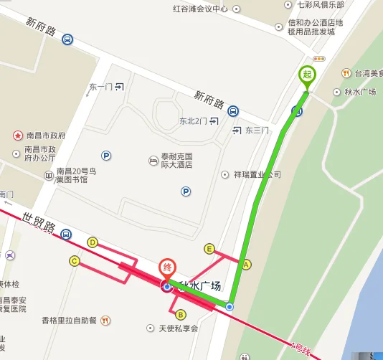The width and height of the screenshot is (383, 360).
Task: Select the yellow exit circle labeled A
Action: coord(247,265)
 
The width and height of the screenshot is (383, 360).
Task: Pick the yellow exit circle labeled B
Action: coord(181,314)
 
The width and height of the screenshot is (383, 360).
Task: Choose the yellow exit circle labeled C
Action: coord(74,261)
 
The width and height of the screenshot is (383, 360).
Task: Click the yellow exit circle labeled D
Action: coord(93,242)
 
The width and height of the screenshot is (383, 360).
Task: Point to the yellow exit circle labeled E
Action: coord(209,249)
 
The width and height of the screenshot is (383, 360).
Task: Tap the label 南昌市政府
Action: coord(45,135)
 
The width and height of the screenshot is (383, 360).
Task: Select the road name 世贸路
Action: coord(39,223)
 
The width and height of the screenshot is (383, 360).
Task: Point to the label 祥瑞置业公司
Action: coord(257,174)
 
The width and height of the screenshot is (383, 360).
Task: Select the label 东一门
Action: coord(100,87)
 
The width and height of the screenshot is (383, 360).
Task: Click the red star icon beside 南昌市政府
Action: coord(16,135)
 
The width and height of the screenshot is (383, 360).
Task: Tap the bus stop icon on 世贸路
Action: coord(66,234)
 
